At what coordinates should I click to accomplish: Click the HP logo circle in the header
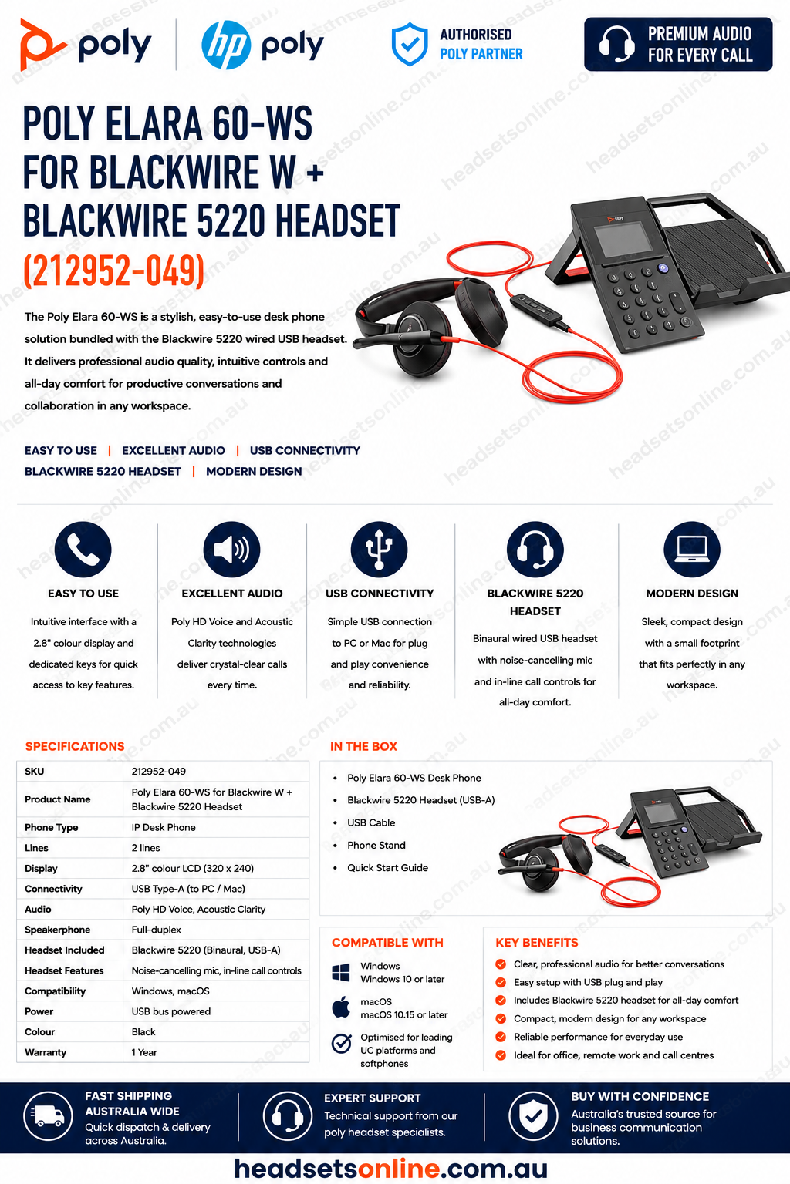(x=226, y=45)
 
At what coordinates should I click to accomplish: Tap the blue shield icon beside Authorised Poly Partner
(x=410, y=44)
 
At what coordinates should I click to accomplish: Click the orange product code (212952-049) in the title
(x=113, y=270)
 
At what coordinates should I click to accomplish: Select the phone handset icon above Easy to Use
(x=83, y=549)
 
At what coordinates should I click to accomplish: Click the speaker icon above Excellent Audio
(x=231, y=549)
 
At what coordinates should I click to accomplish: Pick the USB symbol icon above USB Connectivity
(x=380, y=549)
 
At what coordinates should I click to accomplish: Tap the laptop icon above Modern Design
(x=692, y=549)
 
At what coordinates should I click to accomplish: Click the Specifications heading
(x=75, y=746)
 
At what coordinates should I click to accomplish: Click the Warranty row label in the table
(x=46, y=1052)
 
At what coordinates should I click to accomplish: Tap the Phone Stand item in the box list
(x=376, y=845)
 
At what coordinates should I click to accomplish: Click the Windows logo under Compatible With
(x=341, y=973)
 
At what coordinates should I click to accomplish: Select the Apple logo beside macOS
(x=341, y=1007)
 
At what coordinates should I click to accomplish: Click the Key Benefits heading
(x=536, y=943)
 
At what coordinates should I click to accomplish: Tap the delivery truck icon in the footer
(x=48, y=1116)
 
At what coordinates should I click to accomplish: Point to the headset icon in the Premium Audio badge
(x=617, y=45)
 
